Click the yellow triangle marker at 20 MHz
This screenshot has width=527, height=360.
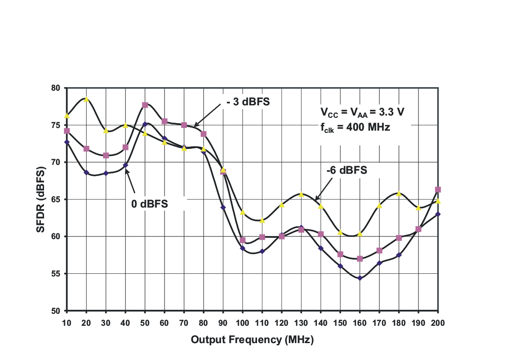click(x=86, y=100)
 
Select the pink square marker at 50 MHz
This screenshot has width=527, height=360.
click(x=145, y=105)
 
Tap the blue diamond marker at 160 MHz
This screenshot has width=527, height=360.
click(x=360, y=278)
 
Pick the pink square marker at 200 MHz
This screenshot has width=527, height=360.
click(x=438, y=190)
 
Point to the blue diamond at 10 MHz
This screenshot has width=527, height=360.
click(x=67, y=142)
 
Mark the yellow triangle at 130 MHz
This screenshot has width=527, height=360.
click(x=301, y=195)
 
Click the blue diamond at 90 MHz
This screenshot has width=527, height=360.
click(x=223, y=208)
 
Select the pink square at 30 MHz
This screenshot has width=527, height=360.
click(x=106, y=156)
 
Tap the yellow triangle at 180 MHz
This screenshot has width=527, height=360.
click(x=399, y=194)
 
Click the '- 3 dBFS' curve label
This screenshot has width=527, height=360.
click(x=248, y=102)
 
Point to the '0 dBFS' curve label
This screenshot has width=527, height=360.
click(x=149, y=204)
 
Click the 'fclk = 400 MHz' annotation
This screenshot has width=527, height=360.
click(x=355, y=128)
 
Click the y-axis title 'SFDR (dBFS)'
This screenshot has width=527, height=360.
click(x=40, y=199)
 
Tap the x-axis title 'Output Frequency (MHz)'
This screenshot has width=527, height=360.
click(x=252, y=340)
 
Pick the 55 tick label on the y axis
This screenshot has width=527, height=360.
click(x=56, y=274)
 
